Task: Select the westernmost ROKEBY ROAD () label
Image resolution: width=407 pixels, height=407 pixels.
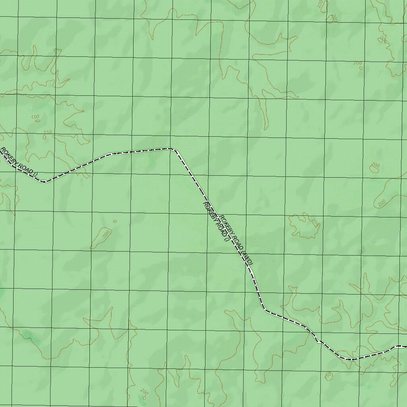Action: point(18,162)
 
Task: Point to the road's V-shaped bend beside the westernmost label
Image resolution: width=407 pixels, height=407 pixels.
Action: point(45,182)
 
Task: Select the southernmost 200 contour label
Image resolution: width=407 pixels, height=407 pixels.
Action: point(144,391)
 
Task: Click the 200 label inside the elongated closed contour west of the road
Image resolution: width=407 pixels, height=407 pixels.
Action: point(106,233)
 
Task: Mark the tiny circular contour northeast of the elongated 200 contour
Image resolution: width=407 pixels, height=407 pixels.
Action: point(115,221)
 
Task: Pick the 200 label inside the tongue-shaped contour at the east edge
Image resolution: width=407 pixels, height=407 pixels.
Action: point(382,203)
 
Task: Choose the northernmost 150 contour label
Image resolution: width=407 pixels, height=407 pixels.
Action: point(35,117)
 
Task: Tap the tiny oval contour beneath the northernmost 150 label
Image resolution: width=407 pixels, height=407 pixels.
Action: point(45,137)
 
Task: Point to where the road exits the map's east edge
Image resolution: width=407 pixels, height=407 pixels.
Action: point(405,347)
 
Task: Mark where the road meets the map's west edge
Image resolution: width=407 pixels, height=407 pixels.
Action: point(1,153)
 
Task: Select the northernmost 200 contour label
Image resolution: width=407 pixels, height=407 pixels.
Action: point(320,4)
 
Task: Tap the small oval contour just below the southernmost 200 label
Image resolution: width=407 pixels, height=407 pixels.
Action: point(144,397)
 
